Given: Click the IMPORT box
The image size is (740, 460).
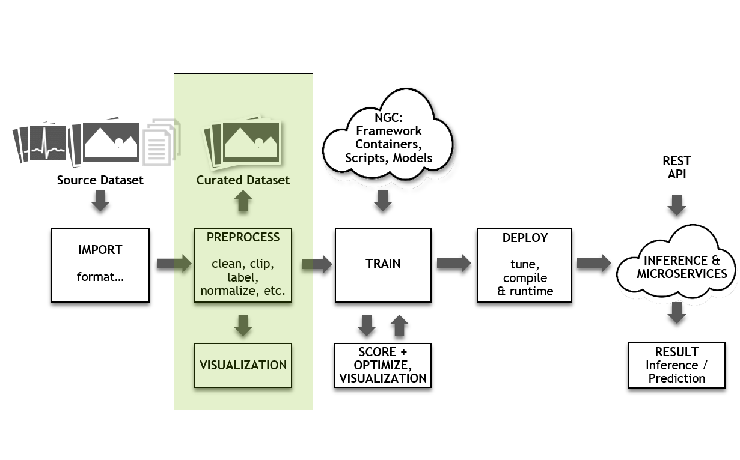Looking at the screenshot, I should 100,265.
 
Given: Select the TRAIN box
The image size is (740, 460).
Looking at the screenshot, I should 383,265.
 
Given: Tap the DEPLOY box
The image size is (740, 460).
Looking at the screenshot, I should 524,265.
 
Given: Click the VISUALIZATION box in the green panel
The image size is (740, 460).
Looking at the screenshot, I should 243,365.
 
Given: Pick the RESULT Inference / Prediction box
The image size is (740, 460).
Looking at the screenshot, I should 676,365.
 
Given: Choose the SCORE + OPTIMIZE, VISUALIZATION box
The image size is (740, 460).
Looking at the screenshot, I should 383,365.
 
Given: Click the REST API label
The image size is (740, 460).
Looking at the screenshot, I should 677,168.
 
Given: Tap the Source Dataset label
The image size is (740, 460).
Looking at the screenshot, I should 100,180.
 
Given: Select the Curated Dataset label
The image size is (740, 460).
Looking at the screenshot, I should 243,180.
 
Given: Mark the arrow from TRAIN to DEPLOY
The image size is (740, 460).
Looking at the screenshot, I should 454,263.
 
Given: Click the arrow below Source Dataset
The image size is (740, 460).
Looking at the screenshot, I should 100,201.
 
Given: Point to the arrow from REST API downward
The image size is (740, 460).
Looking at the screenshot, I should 677,205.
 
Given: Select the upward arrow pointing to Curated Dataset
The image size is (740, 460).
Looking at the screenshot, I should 243,201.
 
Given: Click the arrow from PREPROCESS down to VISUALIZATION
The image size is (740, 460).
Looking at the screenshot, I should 243,324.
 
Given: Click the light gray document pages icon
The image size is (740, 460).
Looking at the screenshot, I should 161,142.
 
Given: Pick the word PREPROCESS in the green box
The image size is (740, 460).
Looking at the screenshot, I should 243,237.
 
